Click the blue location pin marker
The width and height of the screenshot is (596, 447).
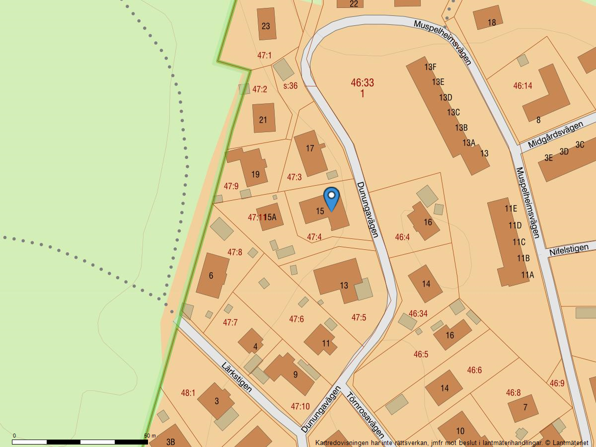coord(331,198)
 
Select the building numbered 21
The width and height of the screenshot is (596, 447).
coord(264,118)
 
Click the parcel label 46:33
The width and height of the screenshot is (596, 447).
coord(362,83)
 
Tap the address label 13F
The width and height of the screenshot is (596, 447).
coord(430,67)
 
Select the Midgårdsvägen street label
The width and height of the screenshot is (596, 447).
coord(555,135)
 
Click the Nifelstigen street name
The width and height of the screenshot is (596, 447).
coord(569,250)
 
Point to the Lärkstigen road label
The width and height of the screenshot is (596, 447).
coord(236,377)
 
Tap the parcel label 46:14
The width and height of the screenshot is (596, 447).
coord(522,86)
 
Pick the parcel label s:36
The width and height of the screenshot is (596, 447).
coord(290,86)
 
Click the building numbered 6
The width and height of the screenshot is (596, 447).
coord(212,275)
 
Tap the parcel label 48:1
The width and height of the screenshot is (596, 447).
coord(188,393)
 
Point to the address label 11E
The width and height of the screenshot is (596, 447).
coord(511,209)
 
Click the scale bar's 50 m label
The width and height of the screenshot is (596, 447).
coord(149,436)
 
